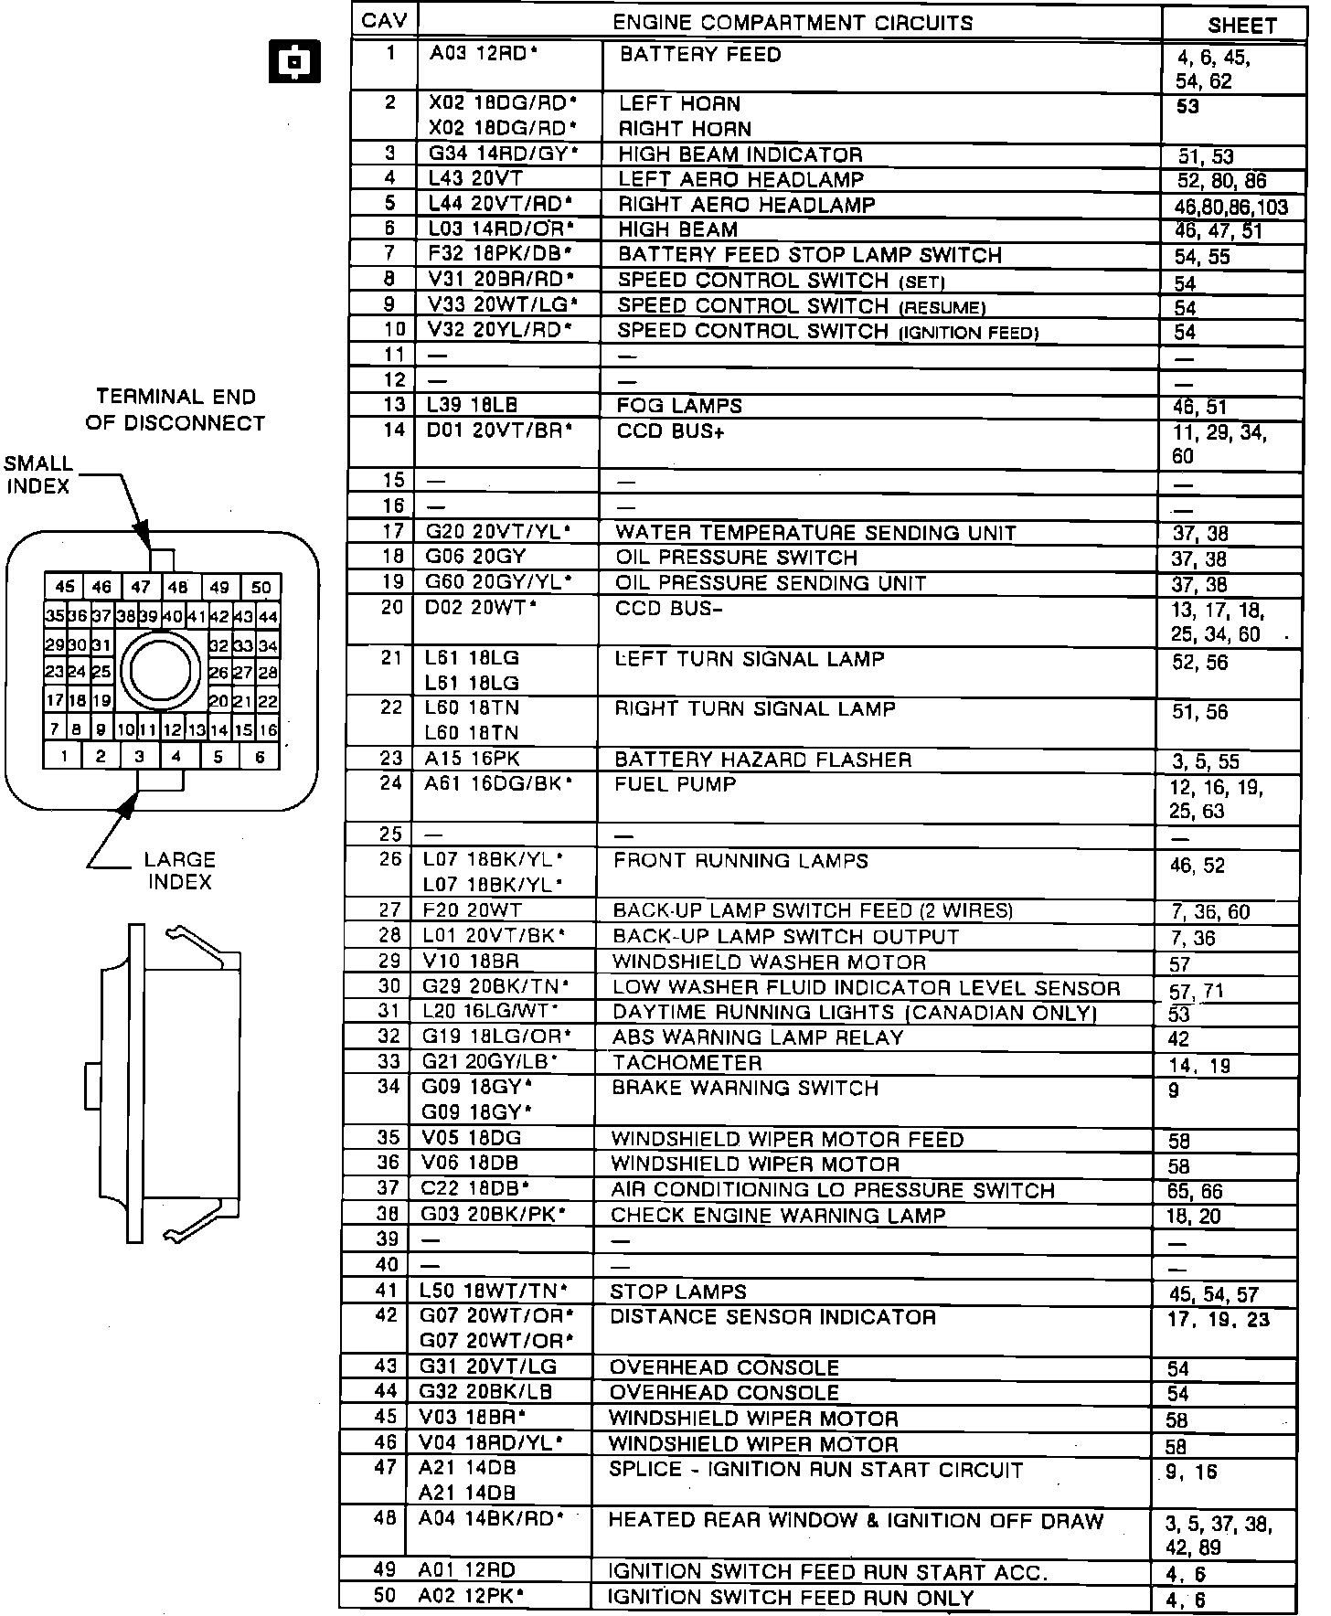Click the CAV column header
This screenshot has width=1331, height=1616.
coord(385,21)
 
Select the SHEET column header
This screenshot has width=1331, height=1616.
coord(1241,26)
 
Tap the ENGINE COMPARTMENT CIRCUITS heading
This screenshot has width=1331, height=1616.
coord(792,23)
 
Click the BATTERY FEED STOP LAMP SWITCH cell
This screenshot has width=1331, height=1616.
coord(810,255)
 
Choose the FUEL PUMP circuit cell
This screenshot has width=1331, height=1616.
coord(676,784)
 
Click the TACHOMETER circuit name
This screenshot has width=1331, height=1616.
coord(687,1063)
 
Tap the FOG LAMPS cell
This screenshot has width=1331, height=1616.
coord(679,406)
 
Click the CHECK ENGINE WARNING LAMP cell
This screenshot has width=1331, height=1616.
coord(778,1216)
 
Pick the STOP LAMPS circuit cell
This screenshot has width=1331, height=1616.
coord(678,1292)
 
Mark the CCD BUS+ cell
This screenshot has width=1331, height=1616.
coord(671,431)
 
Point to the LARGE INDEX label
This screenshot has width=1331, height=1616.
coord(179,871)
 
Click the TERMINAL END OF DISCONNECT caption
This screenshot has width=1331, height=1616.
coord(176,409)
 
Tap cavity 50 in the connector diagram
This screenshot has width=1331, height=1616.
coord(261,588)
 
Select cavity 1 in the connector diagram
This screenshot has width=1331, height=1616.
coord(64,757)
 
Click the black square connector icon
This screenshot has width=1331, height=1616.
coord(294,61)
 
